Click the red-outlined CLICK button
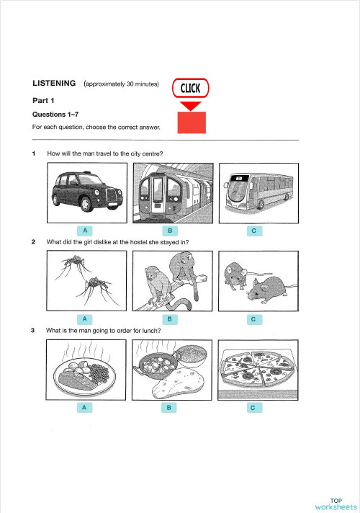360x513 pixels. (190, 88)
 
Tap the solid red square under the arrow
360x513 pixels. (191, 122)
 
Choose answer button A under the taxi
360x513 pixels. (85, 230)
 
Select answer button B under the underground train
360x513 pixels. (169, 231)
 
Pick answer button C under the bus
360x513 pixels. (253, 231)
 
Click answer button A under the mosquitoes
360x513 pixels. (85, 318)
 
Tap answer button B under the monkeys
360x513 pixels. (169, 318)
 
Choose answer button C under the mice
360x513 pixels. (253, 318)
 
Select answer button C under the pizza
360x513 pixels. (253, 409)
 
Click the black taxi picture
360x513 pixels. (86, 192)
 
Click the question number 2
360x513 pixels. (34, 242)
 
